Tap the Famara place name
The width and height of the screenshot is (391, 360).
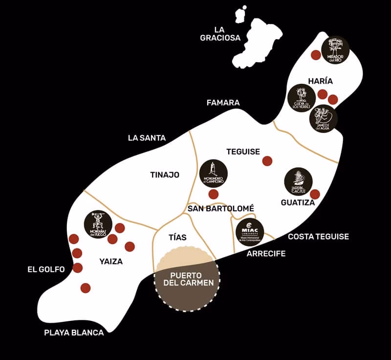tap(223, 103)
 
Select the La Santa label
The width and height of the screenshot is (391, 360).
tap(147, 138)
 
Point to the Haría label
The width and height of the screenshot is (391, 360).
tap(320, 81)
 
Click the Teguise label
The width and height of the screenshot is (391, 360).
tap(243, 152)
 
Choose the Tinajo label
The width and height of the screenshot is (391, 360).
tap(165, 175)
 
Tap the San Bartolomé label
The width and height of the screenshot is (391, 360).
tap(221, 208)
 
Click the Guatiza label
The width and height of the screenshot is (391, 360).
tap(298, 202)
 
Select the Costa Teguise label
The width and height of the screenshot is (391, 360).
tap(318, 237)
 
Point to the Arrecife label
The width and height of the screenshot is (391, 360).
tap(266, 253)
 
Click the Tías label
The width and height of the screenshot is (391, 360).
tap(177, 237)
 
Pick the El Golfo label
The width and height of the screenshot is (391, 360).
tap(46, 269)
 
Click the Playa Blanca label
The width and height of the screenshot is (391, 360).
tap(74, 333)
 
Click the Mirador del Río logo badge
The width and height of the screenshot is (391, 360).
tap(335, 50)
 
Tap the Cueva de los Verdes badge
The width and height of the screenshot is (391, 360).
tap(302, 98)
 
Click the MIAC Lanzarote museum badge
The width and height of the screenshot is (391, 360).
tap(250, 232)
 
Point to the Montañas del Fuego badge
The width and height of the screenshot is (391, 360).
tap(99, 225)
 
